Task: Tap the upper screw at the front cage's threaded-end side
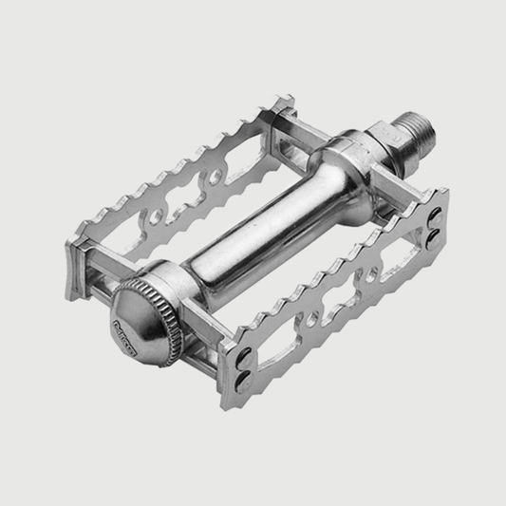tap(432, 220)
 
